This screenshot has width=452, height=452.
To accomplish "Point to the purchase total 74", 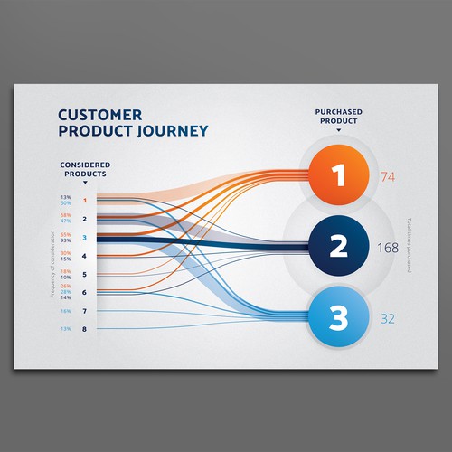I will point(390,177).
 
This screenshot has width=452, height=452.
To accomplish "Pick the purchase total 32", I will point(388,318).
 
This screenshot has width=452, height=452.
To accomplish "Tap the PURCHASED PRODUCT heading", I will point(340,117).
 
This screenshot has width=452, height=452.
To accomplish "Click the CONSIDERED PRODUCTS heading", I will point(84,168).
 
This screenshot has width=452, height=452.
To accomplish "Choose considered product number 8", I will point(84,329).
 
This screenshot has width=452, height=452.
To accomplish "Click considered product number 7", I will point(84,311).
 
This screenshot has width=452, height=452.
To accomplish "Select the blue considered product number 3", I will point(84,238).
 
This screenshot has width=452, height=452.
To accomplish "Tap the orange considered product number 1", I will point(84,201).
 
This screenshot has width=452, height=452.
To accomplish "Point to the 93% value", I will point(65,240).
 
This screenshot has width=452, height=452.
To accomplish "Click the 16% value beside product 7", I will point(65,311).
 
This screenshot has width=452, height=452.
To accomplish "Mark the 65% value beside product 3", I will point(65,234).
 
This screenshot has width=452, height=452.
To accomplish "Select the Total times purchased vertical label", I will point(409,246).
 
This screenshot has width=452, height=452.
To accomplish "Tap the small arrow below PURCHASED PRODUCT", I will point(340,130).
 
